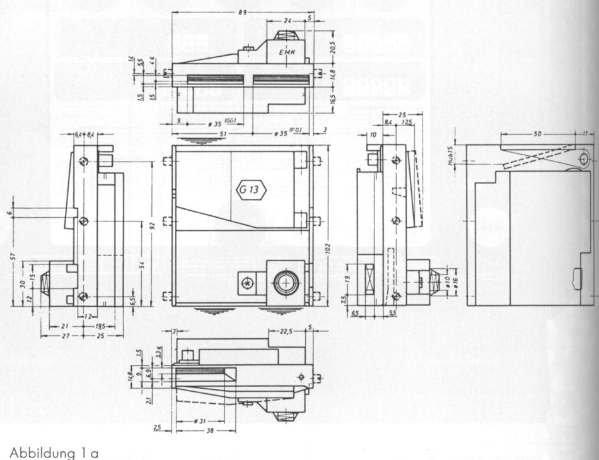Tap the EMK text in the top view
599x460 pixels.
tap(288, 53)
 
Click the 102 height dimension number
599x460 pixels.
tap(327, 249)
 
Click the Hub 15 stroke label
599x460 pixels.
tap(451, 155)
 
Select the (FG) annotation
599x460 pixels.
tap(296, 131)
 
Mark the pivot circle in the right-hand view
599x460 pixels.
tap(583, 156)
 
